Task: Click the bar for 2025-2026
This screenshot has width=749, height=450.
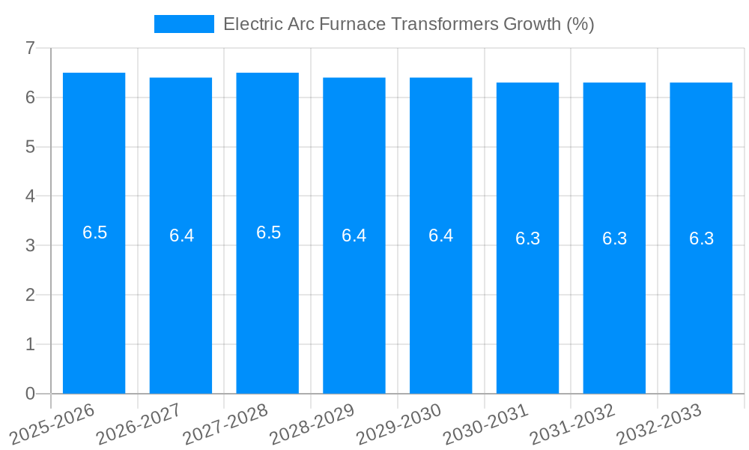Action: (94, 300)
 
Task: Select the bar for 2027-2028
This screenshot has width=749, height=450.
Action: (267, 300)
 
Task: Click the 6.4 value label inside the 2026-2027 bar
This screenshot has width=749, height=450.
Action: (181, 235)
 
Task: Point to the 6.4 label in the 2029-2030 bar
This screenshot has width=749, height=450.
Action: (440, 235)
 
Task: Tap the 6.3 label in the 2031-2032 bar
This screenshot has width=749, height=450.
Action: (614, 238)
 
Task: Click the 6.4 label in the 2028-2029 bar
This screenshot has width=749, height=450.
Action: (354, 235)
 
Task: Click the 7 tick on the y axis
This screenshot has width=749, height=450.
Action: (30, 48)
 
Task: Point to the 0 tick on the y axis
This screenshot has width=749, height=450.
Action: (30, 394)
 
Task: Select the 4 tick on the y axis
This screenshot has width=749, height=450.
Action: (30, 196)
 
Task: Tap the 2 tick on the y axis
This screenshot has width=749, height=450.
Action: (30, 295)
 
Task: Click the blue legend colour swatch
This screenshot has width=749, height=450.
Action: (184, 24)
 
